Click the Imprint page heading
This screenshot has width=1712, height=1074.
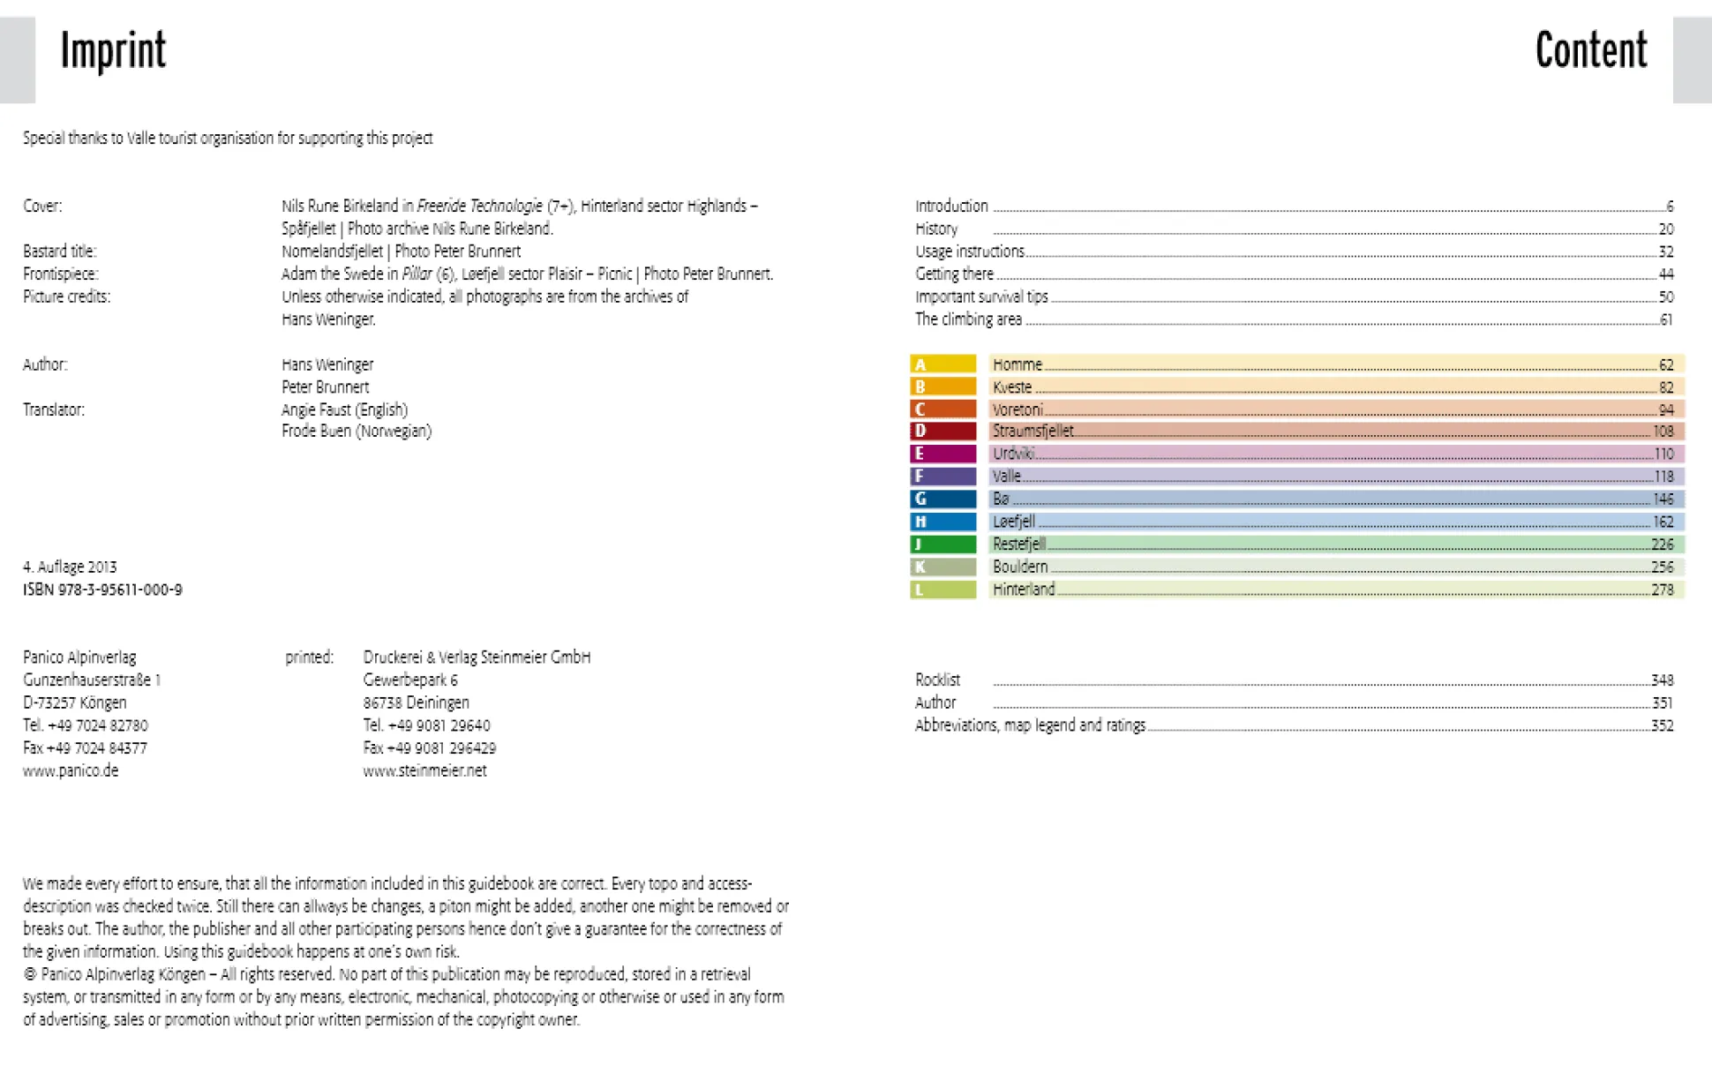113,50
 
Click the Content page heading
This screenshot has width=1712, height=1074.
1590,50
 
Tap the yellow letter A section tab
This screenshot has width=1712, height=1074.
942,364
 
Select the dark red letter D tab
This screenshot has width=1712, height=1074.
942,432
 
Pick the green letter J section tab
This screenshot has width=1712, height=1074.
942,545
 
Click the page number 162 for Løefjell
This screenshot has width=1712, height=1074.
1663,522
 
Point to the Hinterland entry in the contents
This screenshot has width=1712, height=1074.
1023,590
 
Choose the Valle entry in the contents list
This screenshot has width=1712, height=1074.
1006,477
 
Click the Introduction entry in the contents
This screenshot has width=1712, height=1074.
951,207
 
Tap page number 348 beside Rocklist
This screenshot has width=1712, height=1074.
1662,680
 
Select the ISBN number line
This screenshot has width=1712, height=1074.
102,590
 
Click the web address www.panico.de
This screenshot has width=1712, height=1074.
71,770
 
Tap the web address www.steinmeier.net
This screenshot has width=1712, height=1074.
424,770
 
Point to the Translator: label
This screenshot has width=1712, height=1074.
54,409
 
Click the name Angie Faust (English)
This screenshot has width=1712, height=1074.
344,409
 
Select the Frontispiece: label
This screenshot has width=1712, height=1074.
61,274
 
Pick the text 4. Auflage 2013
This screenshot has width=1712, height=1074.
70,567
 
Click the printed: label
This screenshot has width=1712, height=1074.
309,657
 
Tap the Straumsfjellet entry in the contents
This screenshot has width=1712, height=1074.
1032,432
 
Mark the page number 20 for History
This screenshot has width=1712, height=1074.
1665,229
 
